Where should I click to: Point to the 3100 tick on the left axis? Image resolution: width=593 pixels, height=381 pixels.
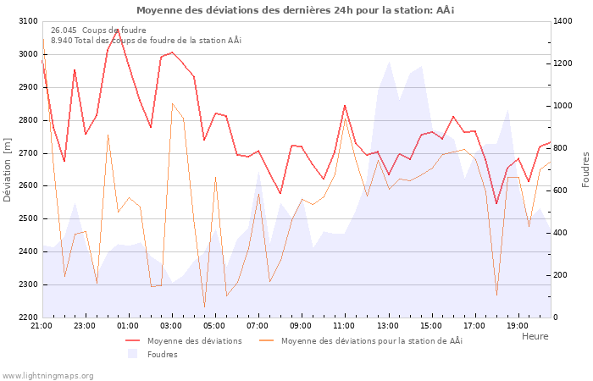[x=27, y=21]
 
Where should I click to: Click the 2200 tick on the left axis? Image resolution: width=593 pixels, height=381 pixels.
[x=27, y=317]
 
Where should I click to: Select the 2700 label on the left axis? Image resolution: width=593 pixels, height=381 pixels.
[x=27, y=153]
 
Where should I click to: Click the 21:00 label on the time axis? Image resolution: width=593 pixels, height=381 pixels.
[x=42, y=326]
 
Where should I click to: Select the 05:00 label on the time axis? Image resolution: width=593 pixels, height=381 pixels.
[x=214, y=326]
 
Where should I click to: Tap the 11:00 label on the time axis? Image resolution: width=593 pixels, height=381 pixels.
[x=344, y=326]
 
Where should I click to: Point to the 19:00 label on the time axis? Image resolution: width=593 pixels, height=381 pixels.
[x=517, y=326]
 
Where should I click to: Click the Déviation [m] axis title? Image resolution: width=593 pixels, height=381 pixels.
[x=8, y=169]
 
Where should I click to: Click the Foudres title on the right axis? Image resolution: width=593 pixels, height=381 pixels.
[x=585, y=169]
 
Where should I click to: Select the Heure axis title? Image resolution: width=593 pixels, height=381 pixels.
[x=535, y=336]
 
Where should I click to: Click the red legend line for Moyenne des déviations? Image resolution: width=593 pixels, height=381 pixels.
[x=132, y=341]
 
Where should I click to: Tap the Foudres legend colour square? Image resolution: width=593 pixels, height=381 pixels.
[x=132, y=354]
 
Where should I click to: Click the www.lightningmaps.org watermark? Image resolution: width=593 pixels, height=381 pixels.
[x=47, y=375]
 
